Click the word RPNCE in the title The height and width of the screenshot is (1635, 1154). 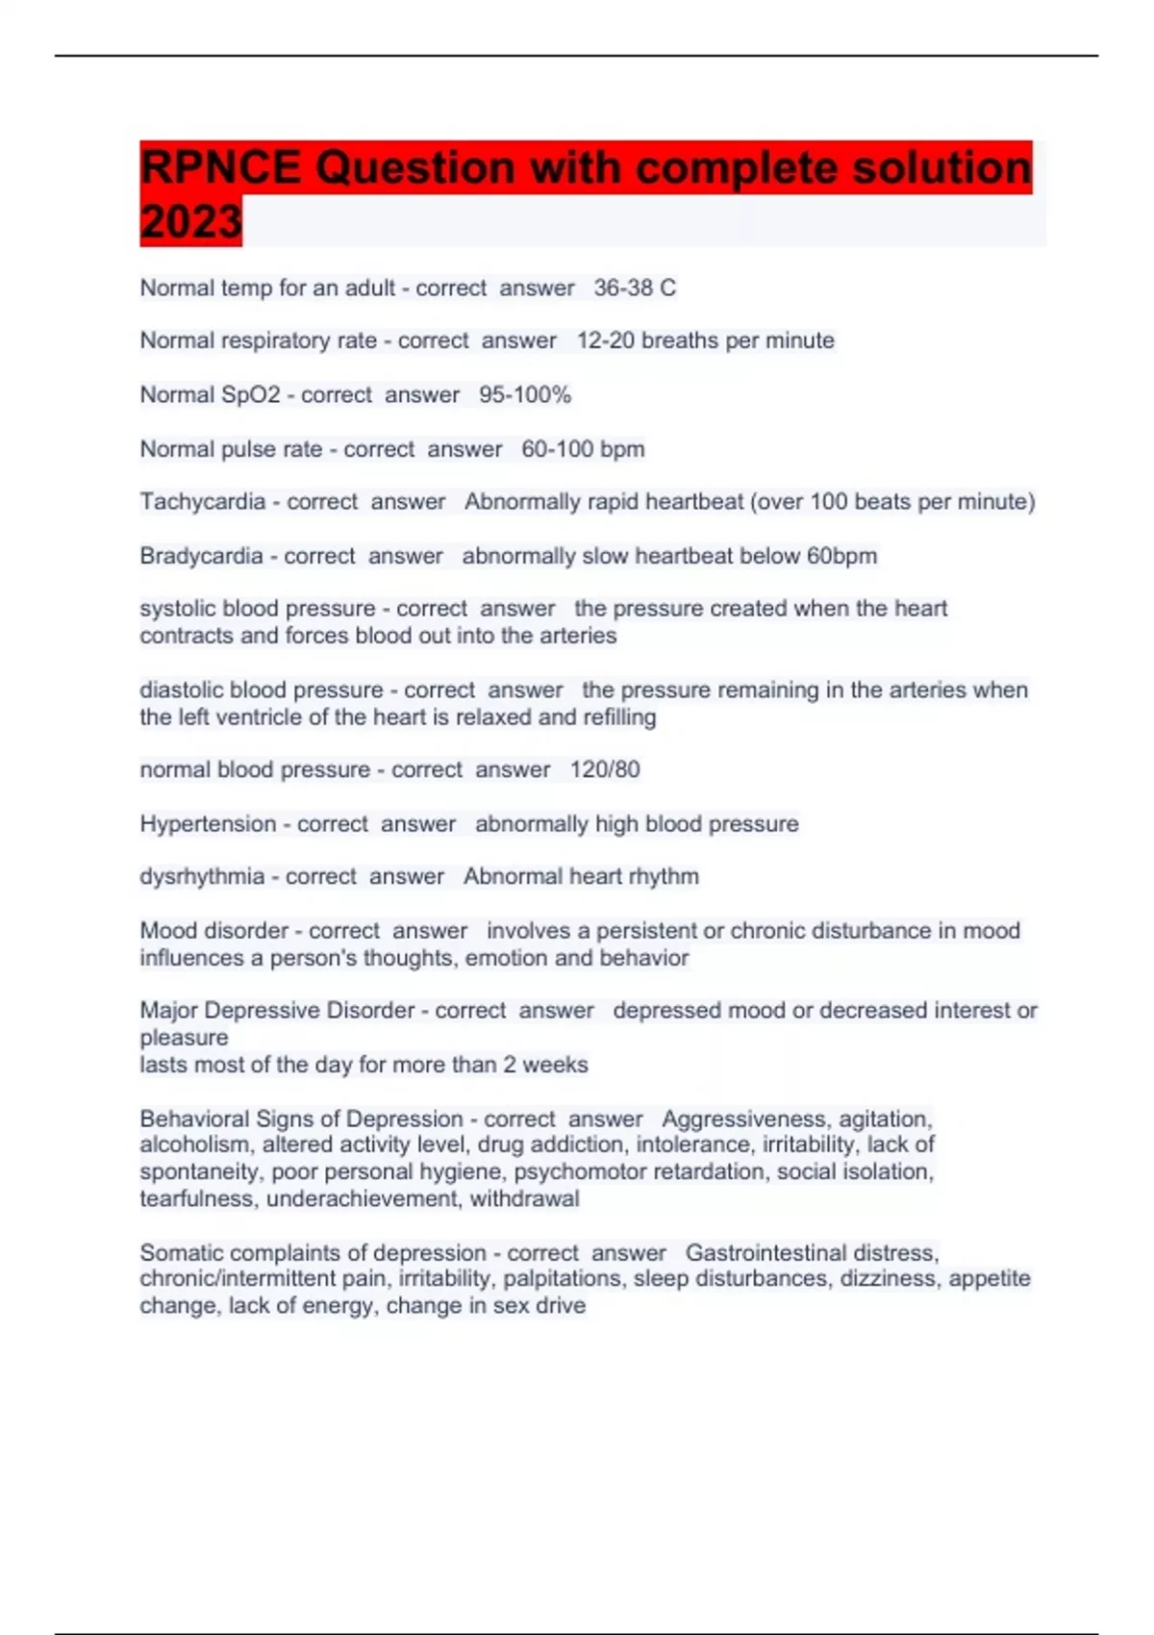click(x=220, y=168)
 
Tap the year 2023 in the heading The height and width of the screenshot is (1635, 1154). click(x=190, y=222)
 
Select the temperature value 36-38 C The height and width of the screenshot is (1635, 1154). click(x=635, y=288)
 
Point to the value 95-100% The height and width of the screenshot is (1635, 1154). click(x=525, y=394)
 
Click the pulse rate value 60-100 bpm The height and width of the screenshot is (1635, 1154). click(x=583, y=449)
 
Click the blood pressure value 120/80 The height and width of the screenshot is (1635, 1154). click(x=605, y=769)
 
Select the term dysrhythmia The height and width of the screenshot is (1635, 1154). click(x=202, y=876)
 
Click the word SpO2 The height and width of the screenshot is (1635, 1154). click(x=251, y=394)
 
